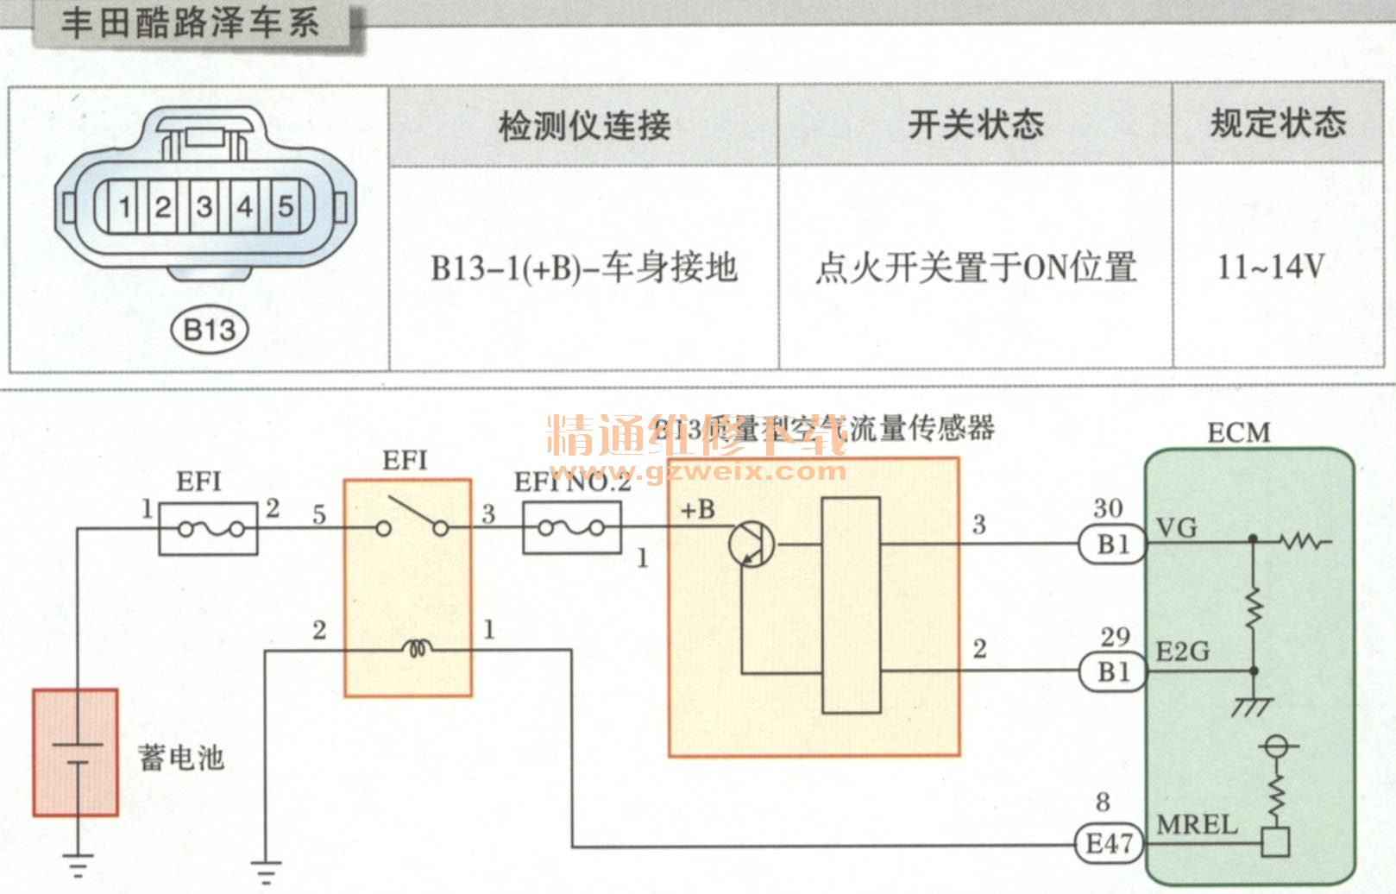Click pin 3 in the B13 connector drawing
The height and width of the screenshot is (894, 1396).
tap(204, 207)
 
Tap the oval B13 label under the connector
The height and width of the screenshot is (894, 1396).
tap(210, 330)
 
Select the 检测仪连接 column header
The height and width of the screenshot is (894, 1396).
tap(584, 126)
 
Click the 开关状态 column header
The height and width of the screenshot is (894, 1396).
tap(975, 124)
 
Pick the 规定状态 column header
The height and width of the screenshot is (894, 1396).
tap(1278, 123)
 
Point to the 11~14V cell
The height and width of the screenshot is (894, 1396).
tap(1270, 267)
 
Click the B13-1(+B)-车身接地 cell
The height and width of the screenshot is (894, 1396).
tap(584, 268)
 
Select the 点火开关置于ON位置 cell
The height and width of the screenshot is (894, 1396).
tap(975, 268)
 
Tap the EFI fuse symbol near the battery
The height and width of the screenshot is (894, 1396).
tap(208, 528)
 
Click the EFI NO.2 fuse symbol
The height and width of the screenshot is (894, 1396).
tap(571, 527)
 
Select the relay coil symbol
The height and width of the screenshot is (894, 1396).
tap(418, 649)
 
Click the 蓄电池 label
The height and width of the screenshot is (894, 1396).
tap(181, 758)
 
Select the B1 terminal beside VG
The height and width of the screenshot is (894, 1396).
tap(1112, 545)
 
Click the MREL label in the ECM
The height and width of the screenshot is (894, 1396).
tap(1197, 825)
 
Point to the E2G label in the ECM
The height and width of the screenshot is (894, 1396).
tap(1182, 652)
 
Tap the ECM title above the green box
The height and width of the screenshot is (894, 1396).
tap(1238, 431)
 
